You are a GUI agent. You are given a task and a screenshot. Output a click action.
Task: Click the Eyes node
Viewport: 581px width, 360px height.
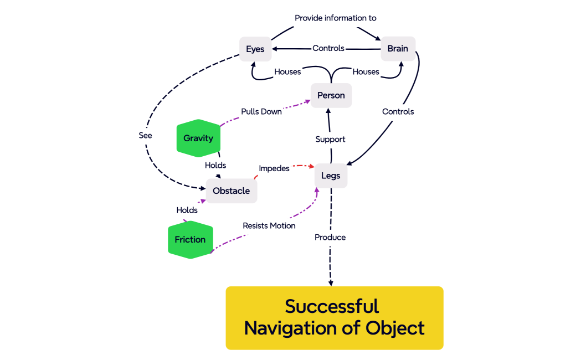tap(255, 49)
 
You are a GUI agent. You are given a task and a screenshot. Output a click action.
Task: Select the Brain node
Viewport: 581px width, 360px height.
tap(398, 49)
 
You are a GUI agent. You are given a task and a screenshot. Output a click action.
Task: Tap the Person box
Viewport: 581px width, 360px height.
tap(331, 95)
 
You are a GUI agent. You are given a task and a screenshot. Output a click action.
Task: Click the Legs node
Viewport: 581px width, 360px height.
tap(331, 176)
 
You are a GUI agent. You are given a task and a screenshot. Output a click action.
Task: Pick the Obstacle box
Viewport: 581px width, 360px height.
tap(231, 191)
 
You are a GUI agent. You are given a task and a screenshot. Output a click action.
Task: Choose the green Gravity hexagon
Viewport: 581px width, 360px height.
tap(198, 138)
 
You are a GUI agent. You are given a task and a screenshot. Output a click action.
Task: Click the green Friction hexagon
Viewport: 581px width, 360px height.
tap(190, 240)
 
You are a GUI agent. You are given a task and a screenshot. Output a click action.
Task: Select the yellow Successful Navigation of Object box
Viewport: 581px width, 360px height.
tap(334, 317)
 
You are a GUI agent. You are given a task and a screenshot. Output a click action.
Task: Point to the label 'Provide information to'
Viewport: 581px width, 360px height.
tap(335, 18)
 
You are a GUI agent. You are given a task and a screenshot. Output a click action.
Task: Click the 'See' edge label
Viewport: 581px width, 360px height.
tap(145, 135)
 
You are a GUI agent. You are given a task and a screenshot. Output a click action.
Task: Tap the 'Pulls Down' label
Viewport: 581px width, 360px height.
tap(261, 111)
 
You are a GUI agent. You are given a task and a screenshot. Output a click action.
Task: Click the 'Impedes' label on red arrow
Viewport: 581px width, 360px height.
tap(274, 168)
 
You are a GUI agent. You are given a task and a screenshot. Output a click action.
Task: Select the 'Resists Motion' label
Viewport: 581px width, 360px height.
tap(269, 225)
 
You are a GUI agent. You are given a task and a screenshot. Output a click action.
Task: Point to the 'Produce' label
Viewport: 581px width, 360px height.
tap(330, 237)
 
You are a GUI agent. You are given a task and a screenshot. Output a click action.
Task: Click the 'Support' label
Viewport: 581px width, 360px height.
tap(330, 139)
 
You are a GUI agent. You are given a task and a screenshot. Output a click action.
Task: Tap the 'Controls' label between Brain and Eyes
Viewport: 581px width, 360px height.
tap(328, 48)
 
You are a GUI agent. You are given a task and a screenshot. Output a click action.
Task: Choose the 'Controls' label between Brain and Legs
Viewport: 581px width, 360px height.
tap(398, 111)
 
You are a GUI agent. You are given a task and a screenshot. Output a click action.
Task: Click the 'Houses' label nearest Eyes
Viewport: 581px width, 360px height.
tap(287, 71)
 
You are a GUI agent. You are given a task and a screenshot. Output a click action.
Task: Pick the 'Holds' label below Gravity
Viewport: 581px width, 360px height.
tap(215, 165)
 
